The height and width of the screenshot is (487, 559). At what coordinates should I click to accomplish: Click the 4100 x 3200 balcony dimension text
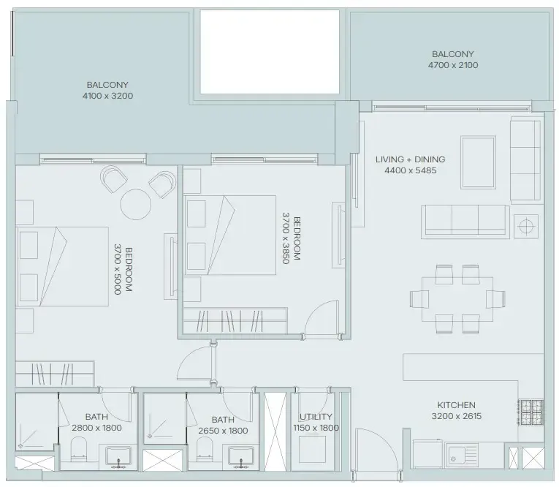pos(109,96)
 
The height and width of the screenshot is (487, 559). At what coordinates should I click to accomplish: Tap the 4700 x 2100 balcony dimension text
pos(452,66)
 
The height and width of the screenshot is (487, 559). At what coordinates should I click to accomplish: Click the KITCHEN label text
pos(456,405)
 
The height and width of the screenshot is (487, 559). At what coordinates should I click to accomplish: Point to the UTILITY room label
pos(316,416)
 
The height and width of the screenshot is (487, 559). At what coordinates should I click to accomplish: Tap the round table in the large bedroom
pos(135,203)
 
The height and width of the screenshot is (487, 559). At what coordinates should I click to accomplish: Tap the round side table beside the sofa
pos(526,226)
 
